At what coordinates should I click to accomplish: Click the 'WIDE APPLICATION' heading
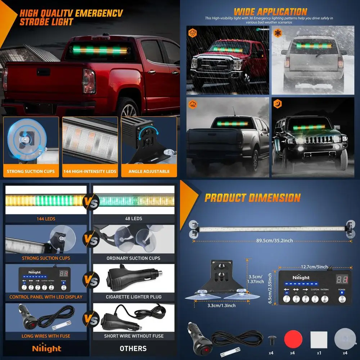(270, 12)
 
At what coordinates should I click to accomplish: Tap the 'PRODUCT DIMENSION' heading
(252, 198)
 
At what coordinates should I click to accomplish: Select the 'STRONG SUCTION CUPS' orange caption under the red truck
(31, 171)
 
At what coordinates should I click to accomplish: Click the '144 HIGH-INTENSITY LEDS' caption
(90, 171)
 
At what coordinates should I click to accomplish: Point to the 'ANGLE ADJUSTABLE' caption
(149, 171)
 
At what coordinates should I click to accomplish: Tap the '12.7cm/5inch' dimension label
(314, 267)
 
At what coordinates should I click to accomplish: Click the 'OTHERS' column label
(133, 348)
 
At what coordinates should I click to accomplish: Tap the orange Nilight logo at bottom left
(47, 348)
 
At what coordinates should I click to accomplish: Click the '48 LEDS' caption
(133, 219)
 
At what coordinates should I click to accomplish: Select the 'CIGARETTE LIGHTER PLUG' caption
(134, 297)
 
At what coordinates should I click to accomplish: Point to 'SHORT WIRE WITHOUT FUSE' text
(134, 336)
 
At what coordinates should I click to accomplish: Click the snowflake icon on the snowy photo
(278, 32)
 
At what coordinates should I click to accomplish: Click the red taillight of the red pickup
(89, 81)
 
